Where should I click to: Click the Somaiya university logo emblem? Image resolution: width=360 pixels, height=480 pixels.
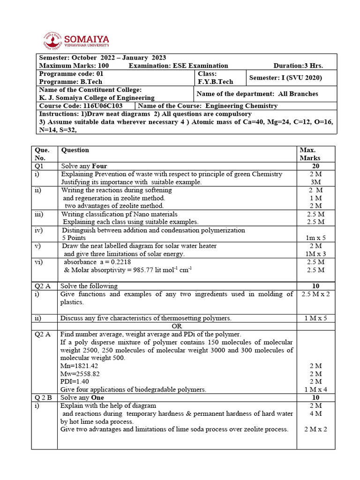pyautogui.click(x=52, y=40)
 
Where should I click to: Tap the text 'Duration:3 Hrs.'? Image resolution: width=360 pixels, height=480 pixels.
pyautogui.click(x=298, y=66)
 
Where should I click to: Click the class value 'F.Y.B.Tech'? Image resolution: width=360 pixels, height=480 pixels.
pyautogui.click(x=215, y=82)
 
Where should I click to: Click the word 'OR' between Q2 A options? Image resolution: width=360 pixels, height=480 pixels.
pyautogui.click(x=177, y=326)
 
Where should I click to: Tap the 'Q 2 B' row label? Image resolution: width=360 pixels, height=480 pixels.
pyautogui.click(x=43, y=397)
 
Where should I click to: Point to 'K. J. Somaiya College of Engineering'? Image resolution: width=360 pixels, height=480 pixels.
pyautogui.click(x=97, y=97)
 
